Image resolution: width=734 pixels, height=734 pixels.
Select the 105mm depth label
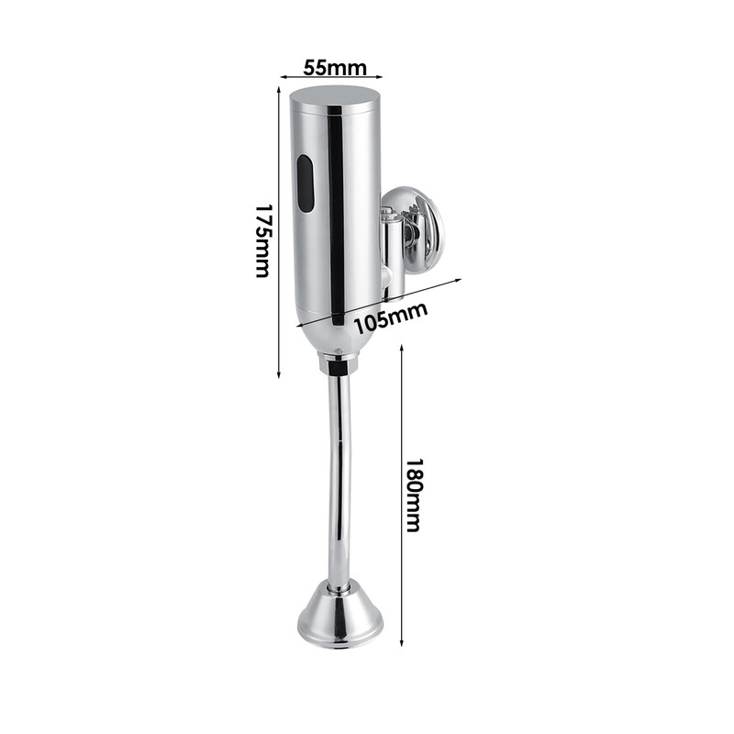391,318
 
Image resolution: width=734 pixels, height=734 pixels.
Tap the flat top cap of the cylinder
335,95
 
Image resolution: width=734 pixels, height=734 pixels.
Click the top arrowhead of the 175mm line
281,89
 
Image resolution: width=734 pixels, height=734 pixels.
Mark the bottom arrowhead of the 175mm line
281,376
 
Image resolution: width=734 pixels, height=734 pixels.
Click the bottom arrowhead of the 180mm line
401,646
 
